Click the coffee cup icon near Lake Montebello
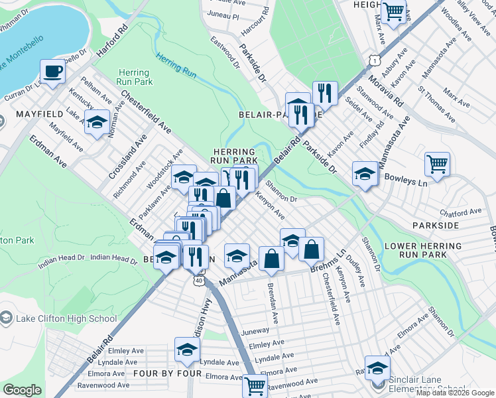coord(52,71)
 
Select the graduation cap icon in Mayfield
coord(97,123)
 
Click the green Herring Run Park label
coord(135,77)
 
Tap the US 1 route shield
coord(376,60)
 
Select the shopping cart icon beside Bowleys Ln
coord(437,163)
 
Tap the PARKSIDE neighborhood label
coord(435,226)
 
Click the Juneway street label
coord(256,330)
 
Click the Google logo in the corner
coord(22,390)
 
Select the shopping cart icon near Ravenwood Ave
coord(255,385)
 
